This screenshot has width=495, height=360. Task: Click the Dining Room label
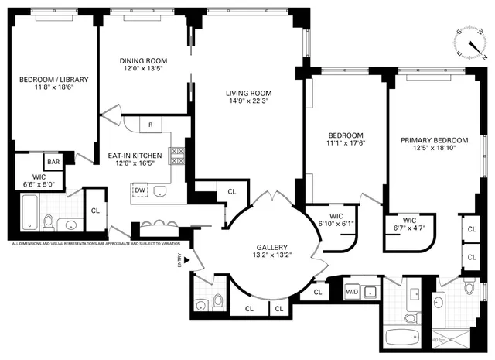coord(143,61)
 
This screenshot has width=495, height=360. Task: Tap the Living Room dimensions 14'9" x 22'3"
coord(250,101)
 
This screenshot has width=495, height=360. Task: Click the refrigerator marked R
coord(150,125)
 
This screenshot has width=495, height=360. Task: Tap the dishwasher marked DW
coord(140,190)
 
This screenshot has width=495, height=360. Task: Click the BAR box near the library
coord(53,162)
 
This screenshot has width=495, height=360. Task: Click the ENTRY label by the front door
coord(179,263)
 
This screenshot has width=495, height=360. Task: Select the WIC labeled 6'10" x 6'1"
coord(335,221)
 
